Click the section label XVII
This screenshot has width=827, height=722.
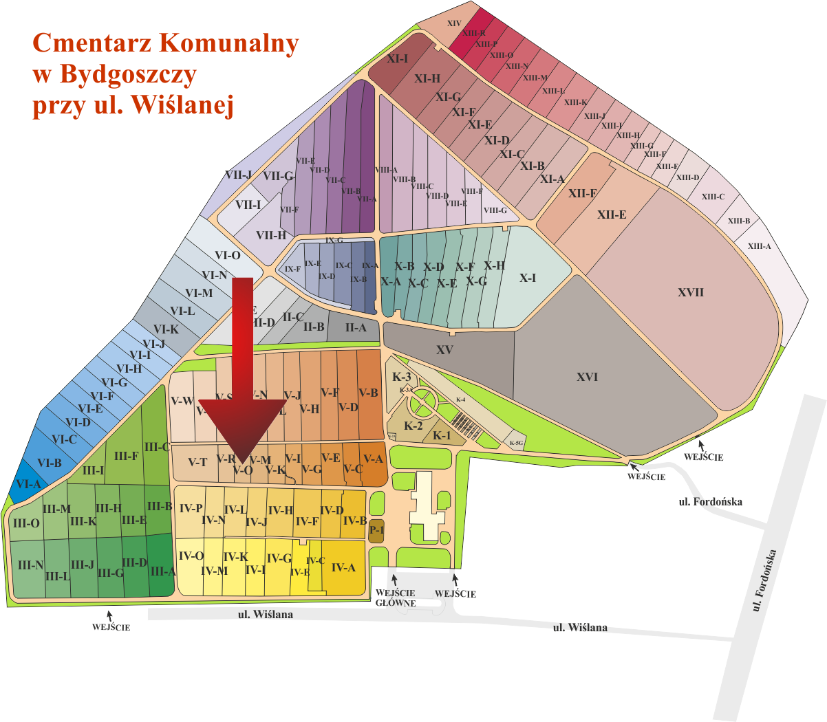tap(691, 292)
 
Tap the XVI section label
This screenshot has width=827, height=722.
tap(587, 377)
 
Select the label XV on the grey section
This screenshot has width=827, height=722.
tap(444, 350)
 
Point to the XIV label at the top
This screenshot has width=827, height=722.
tap(454, 23)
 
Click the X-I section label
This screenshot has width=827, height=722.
tap(528, 278)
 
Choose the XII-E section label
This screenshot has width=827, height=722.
tap(612, 215)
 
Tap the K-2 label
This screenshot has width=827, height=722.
tap(413, 426)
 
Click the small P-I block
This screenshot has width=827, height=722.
tap(376, 530)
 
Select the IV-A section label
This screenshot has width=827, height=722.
tap(343, 567)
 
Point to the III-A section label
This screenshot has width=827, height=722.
tap(163, 571)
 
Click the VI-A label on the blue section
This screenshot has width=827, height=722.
tap(29, 484)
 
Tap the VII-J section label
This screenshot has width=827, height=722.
tap(238, 175)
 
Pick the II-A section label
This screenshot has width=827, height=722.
tap(356, 328)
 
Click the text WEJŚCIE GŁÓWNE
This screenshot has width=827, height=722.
tap(396, 598)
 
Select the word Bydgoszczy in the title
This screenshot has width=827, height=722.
tap(128, 74)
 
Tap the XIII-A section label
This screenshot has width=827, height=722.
tap(760, 246)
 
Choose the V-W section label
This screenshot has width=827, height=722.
tap(182, 401)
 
